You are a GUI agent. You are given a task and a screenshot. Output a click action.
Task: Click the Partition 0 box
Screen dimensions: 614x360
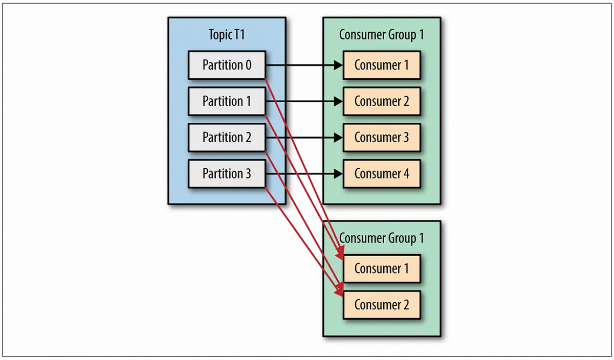[x=227, y=65]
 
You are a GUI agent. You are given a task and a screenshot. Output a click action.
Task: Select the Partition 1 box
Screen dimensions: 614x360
[x=227, y=101]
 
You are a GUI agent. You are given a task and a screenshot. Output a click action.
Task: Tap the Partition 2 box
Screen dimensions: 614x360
[x=227, y=138]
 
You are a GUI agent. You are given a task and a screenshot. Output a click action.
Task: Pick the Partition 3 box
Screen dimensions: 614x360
[x=227, y=174]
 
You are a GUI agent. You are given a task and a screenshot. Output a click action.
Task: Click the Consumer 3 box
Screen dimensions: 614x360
[x=382, y=138]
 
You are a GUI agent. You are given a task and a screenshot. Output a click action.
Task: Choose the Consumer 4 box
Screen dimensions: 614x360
[x=382, y=174]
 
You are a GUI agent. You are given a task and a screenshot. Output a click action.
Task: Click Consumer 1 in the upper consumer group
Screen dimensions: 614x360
[x=382, y=65]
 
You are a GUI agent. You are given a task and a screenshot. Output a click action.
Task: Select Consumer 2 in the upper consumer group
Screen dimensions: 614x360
[x=382, y=101]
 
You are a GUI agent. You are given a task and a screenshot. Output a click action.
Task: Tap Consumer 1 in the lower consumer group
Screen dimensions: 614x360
[x=382, y=268]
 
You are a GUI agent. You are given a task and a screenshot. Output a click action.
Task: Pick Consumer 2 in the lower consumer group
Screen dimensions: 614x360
[x=382, y=305]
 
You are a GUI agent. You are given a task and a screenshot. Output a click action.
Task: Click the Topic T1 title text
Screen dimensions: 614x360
[x=227, y=35]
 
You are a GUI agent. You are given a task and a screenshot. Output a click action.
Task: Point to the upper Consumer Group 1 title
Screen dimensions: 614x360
[x=382, y=35]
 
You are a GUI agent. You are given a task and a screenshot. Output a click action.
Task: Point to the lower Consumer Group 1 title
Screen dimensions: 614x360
[x=382, y=238]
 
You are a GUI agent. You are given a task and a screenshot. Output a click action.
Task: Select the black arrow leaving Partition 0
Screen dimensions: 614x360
[x=304, y=65]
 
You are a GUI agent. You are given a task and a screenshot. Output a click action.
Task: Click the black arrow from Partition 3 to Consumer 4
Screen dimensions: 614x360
[x=304, y=174]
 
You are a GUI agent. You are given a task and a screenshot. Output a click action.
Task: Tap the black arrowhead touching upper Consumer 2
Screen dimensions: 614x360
[x=338, y=101]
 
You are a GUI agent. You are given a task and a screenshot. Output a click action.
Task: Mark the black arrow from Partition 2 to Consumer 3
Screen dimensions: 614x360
[x=304, y=138]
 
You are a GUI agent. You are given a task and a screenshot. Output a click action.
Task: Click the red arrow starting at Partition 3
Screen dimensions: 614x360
[x=304, y=242]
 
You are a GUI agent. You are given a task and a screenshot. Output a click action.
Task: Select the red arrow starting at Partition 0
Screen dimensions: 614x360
[x=304, y=169]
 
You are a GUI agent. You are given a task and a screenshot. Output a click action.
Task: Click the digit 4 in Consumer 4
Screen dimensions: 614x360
[x=406, y=174]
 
